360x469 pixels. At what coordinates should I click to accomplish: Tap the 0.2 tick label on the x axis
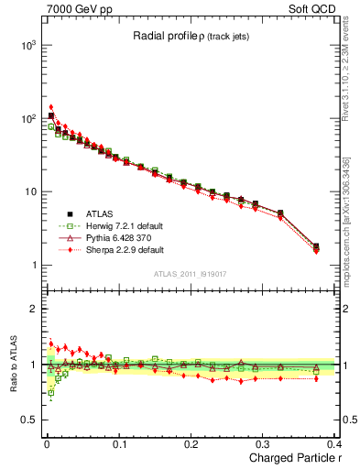190,444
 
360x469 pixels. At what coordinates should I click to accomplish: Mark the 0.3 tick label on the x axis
263,444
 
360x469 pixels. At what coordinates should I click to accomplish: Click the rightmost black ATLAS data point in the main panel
316,245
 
